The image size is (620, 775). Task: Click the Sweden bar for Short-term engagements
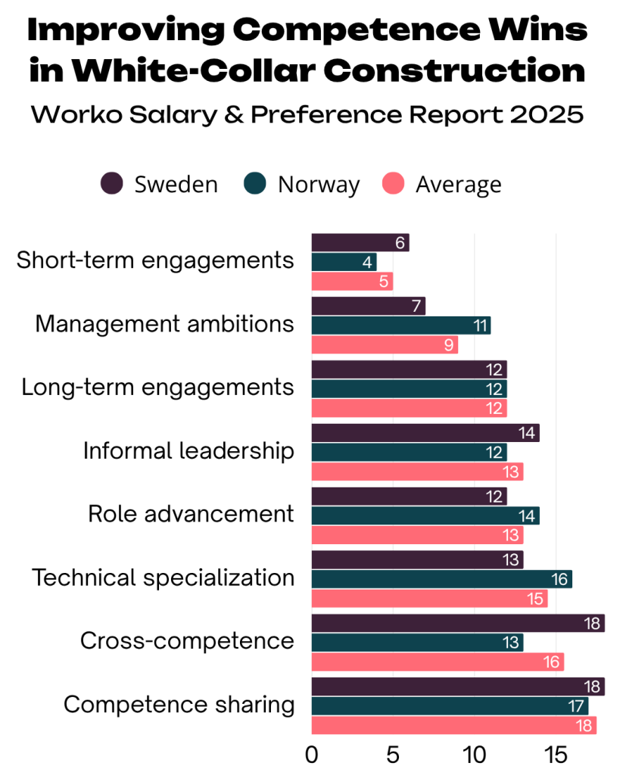(360, 243)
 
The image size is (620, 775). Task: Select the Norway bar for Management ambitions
(400, 325)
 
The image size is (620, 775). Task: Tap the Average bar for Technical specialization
(429, 599)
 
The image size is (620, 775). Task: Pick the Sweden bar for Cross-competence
(458, 623)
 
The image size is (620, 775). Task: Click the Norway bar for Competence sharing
(450, 706)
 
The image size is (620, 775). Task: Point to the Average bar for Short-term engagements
(352, 282)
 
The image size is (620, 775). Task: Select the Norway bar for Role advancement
(425, 516)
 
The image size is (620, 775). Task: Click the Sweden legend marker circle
(112, 184)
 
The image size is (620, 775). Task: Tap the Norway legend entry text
(318, 184)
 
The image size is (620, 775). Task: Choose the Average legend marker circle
(393, 184)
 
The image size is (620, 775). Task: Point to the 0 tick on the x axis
(311, 755)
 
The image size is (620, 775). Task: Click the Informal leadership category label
(188, 451)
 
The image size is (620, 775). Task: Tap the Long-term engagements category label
(157, 387)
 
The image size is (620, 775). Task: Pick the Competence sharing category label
(179, 705)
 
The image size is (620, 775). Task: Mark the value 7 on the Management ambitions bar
(417, 307)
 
